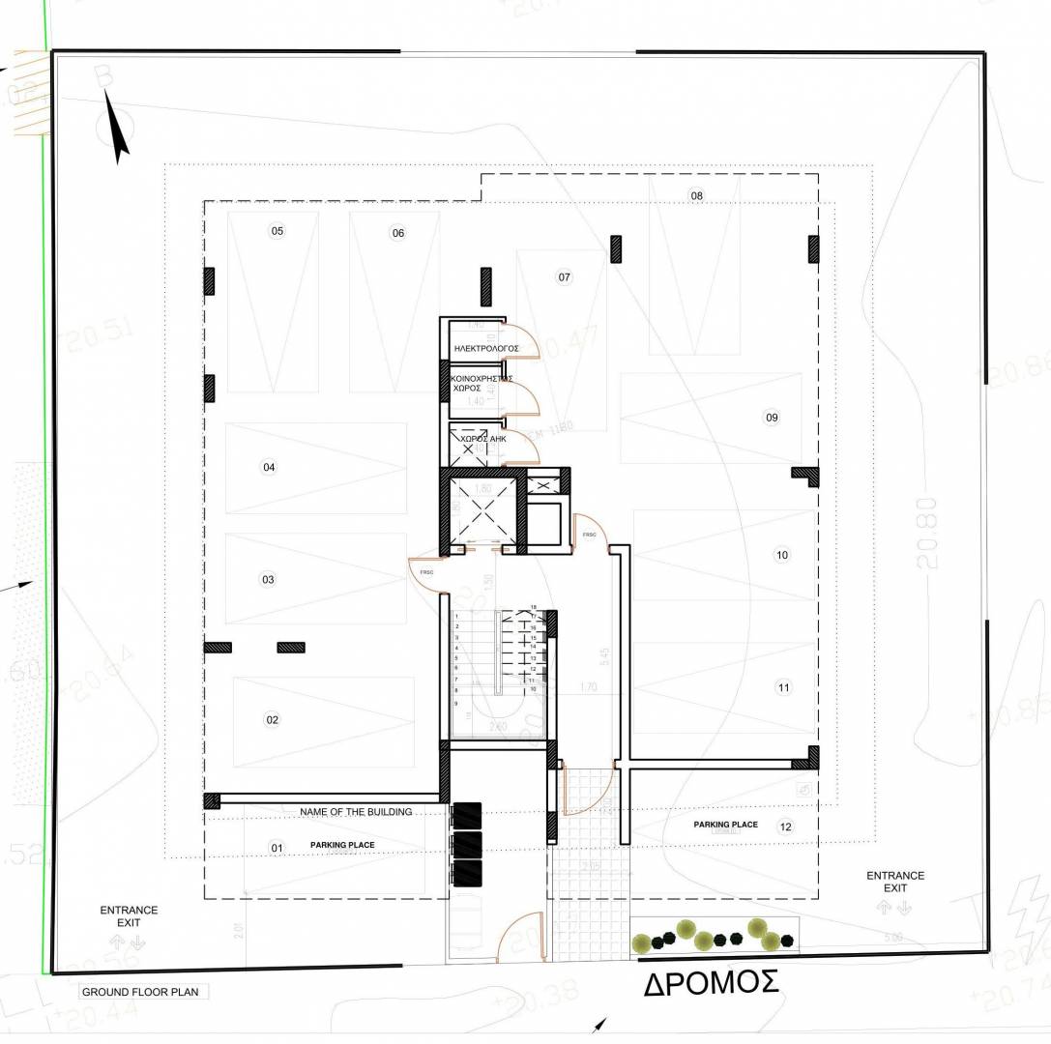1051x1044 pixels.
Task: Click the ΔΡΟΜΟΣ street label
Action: (x=712, y=983)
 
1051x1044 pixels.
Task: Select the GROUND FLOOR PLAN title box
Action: (x=140, y=992)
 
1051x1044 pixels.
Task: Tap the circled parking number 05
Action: (x=277, y=231)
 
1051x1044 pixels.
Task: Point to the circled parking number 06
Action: (x=397, y=233)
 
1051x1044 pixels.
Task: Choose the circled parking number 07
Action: (x=565, y=277)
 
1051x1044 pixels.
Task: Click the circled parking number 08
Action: (x=696, y=196)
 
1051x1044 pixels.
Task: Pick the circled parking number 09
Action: (x=772, y=418)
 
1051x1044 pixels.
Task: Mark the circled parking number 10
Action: (x=782, y=555)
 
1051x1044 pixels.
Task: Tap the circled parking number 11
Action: (x=783, y=687)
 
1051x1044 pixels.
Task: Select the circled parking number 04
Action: (x=269, y=468)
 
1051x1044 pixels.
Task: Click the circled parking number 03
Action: (x=268, y=580)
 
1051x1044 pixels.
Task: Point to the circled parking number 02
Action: (x=272, y=719)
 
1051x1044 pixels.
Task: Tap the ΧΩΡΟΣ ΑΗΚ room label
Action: (x=483, y=439)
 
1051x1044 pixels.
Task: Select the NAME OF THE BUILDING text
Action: (x=356, y=812)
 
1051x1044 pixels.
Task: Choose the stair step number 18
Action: (x=533, y=607)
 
